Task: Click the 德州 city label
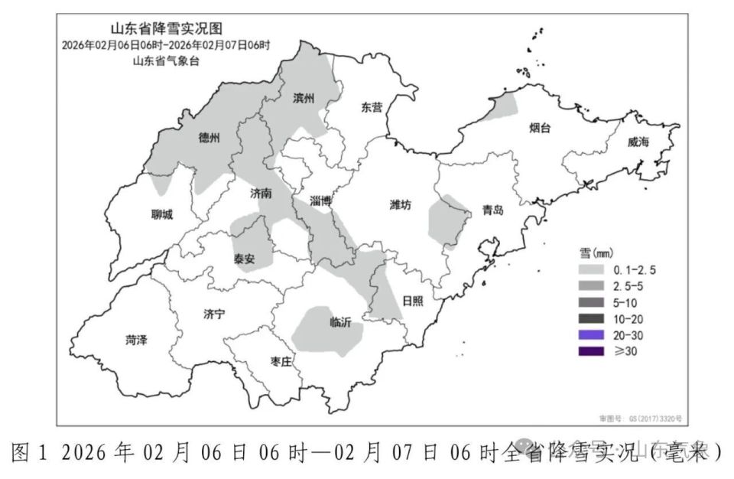pyautogui.click(x=209, y=138)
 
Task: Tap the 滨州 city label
pyautogui.click(x=304, y=99)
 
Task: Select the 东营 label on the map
pyautogui.click(x=372, y=108)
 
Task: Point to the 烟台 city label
pyautogui.click(x=539, y=128)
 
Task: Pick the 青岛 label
pyautogui.click(x=492, y=211)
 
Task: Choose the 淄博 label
pyautogui.click(x=321, y=201)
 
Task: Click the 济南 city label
pyautogui.click(x=261, y=194)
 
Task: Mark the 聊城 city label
pyautogui.click(x=161, y=214)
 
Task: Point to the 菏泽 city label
pyautogui.click(x=135, y=341)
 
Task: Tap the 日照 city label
pyautogui.click(x=412, y=301)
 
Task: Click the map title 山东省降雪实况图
pyautogui.click(x=166, y=29)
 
